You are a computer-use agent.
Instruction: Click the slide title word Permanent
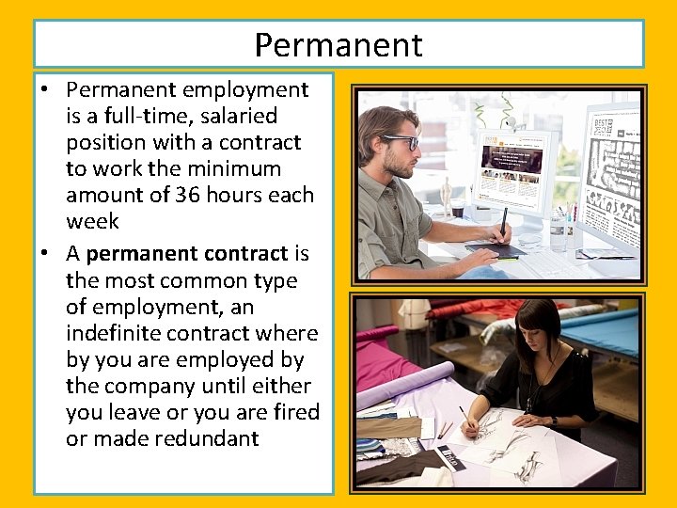(338, 44)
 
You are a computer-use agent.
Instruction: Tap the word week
(92, 221)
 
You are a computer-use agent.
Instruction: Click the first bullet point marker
(44, 90)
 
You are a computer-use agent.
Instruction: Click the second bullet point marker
(44, 254)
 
